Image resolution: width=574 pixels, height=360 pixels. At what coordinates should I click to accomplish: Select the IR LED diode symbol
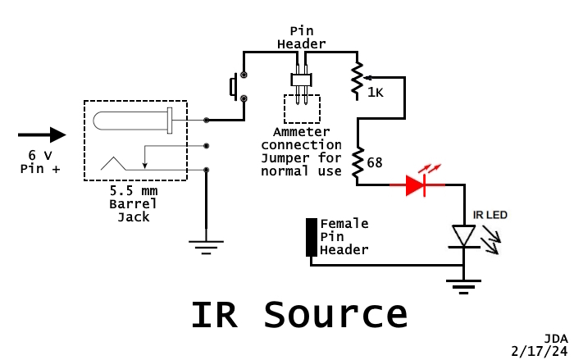point(464,236)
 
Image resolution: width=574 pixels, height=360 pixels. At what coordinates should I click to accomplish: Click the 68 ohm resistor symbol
point(358,163)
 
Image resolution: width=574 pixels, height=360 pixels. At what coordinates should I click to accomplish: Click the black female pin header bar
point(312,237)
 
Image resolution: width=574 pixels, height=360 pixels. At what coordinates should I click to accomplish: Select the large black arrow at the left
point(42,134)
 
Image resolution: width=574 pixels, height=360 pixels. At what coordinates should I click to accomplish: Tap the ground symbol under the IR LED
point(464,285)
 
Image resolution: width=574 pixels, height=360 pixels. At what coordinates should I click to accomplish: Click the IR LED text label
point(490,216)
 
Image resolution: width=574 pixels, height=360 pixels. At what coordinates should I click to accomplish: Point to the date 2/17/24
point(538,350)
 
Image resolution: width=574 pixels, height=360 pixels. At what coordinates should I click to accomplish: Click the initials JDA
point(555,338)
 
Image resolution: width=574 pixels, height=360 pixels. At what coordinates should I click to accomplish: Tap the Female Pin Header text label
point(344,236)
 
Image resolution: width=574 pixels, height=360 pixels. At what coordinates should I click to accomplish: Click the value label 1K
point(375,92)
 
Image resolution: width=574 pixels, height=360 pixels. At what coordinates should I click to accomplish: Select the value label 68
point(376,163)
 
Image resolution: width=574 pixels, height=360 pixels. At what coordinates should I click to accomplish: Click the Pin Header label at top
point(301,37)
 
